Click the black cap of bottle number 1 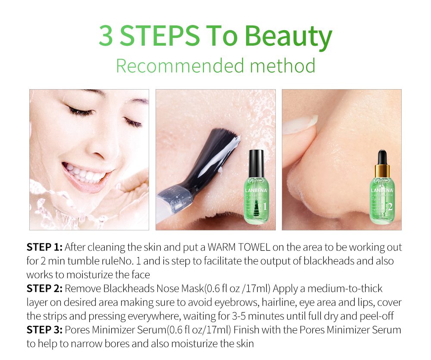tap(257, 160)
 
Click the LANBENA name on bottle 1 tap(257, 190)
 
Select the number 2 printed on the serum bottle tap(390, 207)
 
